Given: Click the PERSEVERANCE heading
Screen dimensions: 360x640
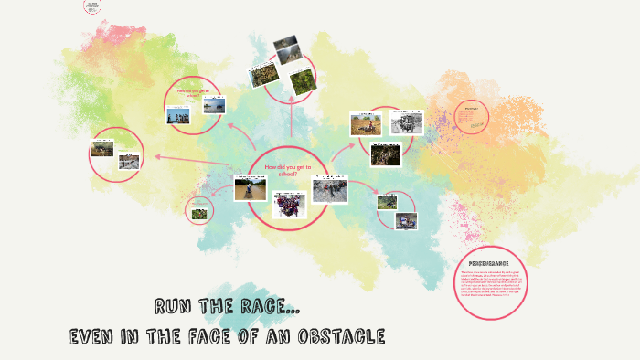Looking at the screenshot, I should click(482, 262).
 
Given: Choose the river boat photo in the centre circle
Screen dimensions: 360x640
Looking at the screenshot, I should click(244, 189).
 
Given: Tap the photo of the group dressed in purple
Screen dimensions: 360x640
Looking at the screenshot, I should click(289, 204).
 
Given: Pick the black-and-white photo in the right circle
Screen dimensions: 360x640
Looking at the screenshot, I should click(407, 122).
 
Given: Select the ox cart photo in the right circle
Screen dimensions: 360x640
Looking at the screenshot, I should click(367, 124).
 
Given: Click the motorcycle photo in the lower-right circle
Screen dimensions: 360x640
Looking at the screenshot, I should click(404, 220).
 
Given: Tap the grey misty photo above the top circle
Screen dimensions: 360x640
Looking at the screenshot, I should click(285, 44).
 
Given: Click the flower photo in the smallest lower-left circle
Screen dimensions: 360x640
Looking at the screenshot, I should click(198, 214).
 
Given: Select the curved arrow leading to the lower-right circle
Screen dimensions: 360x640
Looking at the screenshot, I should click(365, 186).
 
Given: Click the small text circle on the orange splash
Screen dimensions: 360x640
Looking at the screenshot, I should click(472, 122).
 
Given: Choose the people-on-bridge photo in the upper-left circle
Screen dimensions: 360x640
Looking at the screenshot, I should click(179, 116).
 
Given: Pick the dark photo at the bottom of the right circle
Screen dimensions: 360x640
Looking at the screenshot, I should click(386, 153).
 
